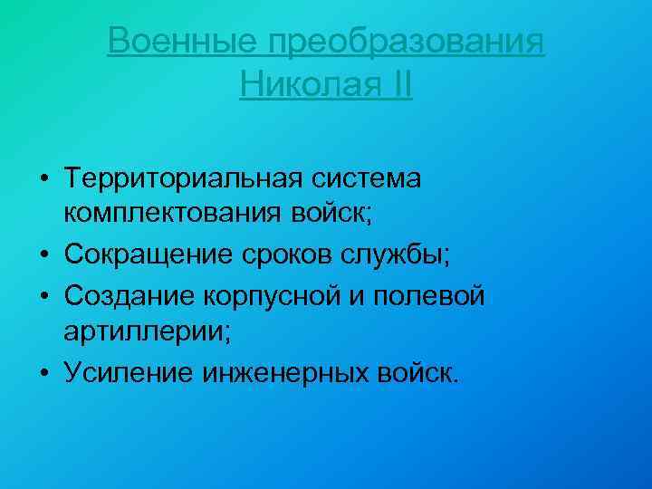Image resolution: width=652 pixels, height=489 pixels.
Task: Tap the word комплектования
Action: click(x=175, y=216)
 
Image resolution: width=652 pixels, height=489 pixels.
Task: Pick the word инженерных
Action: click(x=275, y=372)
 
